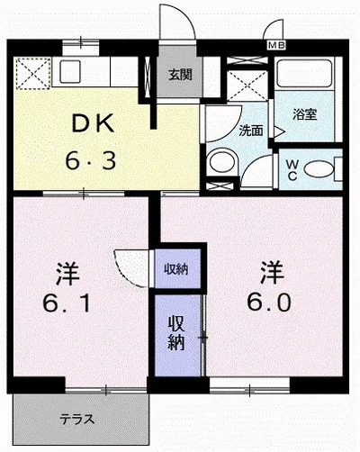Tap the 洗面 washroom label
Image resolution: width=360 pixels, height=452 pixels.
[x=251, y=130]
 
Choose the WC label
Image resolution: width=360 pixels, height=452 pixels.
[x=292, y=169]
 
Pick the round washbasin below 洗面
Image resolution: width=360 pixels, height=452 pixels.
[x=219, y=163]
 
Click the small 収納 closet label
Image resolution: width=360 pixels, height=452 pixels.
[x=175, y=269]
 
